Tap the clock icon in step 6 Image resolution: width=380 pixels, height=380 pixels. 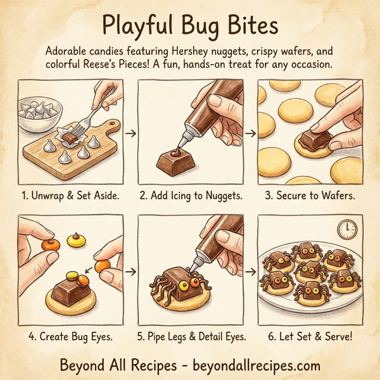[x=347, y=228]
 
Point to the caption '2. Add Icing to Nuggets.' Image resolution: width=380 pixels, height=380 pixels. [x=190, y=196]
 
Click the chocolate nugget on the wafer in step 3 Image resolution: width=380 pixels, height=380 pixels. [x=315, y=141]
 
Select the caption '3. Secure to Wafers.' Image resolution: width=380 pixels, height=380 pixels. [x=310, y=196]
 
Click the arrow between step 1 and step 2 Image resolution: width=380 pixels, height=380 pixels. [x=131, y=134]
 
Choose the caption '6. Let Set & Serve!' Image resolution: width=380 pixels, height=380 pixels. [x=310, y=336]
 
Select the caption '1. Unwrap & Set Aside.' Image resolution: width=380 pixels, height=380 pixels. [x=70, y=196]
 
